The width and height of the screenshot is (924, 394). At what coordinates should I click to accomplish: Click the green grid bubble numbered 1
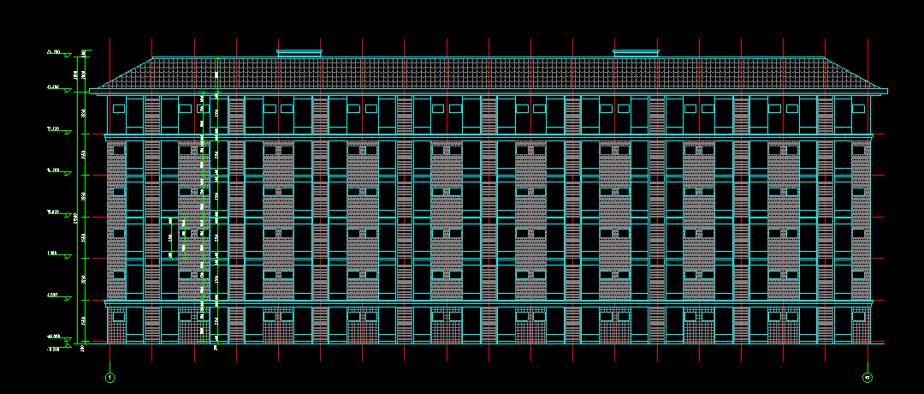coord(110,377)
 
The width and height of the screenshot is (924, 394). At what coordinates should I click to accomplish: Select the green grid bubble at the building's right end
coord(868,377)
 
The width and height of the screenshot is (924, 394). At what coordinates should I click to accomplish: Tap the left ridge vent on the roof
coord(299,53)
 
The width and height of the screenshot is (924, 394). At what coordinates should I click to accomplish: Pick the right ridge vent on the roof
coord(637,53)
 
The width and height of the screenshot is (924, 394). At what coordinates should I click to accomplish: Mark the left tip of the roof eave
coord(91,90)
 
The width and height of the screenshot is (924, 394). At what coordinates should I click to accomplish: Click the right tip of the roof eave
coord(886,90)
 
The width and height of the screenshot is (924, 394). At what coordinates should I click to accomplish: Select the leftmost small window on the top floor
coord(118,109)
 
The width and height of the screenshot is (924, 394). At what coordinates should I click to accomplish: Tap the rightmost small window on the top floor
coord(859,109)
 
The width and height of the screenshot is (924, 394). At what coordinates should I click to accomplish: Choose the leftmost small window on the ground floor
coord(118,316)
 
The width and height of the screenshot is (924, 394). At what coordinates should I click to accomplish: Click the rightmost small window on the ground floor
coord(859,316)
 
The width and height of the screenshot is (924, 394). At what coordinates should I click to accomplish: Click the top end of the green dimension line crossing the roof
coord(217,58)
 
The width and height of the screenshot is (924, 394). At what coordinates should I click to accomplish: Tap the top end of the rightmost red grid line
coord(868,39)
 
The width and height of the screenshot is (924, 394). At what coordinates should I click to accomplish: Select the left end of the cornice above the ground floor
coord(106,302)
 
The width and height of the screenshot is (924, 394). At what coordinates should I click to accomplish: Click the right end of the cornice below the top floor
coord(872,135)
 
